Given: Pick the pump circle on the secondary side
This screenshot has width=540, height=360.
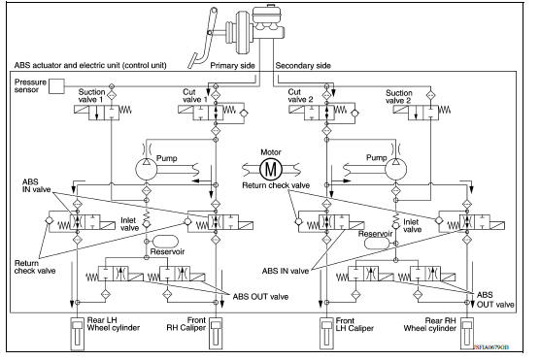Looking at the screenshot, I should pos(395,167).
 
